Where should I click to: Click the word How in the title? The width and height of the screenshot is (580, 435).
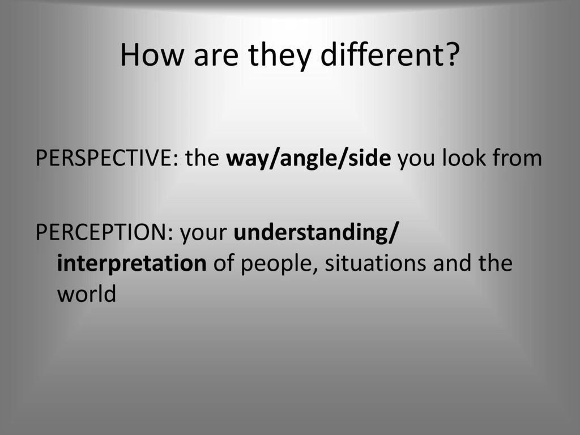[x=152, y=55]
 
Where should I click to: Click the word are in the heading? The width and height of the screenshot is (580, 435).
[x=216, y=59]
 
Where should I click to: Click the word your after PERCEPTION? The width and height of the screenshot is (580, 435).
[x=204, y=234]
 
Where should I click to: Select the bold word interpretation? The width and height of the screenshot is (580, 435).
[x=131, y=264]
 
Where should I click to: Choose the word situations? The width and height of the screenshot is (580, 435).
[x=375, y=263]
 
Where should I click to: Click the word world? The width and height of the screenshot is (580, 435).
[x=87, y=294]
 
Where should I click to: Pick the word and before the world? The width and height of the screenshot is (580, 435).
[x=451, y=263]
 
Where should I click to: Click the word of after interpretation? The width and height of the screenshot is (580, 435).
[x=223, y=263]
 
